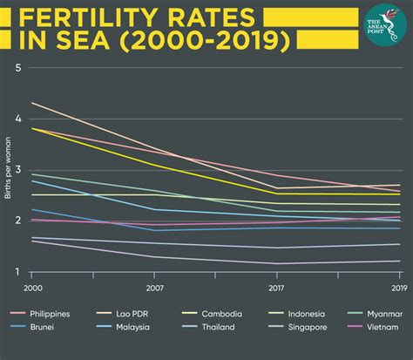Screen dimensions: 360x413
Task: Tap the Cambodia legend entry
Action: point(222,314)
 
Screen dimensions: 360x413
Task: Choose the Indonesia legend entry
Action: point(307,314)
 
